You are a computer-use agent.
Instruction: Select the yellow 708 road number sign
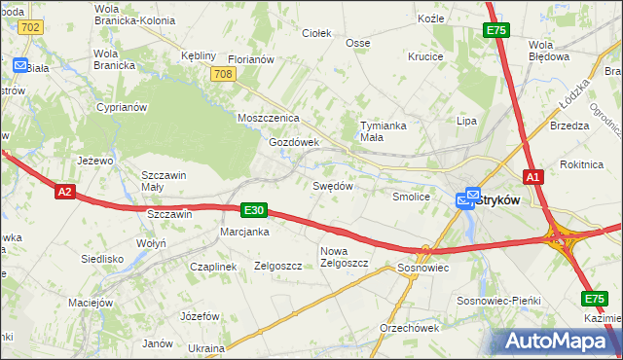(222, 74)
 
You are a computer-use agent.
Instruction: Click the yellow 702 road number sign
(30, 27)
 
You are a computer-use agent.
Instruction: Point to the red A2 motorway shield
(64, 192)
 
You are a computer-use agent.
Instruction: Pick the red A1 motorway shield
(532, 177)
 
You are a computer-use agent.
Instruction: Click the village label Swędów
(331, 185)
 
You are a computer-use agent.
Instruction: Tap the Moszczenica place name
(268, 118)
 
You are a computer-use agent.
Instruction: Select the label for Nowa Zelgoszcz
(344, 257)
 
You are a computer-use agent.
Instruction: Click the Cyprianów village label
(121, 107)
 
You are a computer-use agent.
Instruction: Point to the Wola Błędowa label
(549, 51)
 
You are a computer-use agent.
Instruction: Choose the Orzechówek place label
(410, 327)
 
